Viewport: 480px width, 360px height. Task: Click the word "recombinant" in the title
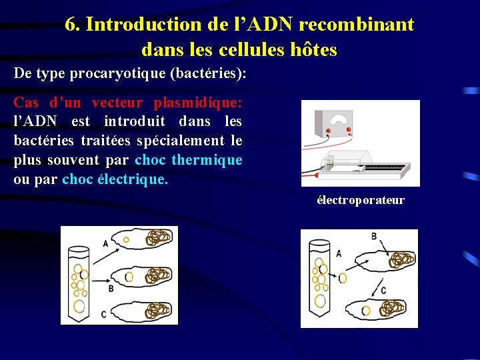(x=357, y=25)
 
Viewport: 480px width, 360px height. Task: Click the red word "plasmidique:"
(x=197, y=103)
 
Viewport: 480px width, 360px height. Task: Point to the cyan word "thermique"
(x=207, y=160)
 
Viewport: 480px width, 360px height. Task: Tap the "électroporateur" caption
(x=360, y=200)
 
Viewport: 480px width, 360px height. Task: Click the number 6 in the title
(x=71, y=25)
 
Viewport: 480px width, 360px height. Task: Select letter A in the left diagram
(x=105, y=243)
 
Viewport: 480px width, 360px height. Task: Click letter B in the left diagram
(x=111, y=288)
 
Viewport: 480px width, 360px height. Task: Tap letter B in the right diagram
(x=373, y=236)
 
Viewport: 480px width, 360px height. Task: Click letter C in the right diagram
(x=383, y=291)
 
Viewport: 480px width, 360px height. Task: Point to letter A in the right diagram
(x=339, y=254)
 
